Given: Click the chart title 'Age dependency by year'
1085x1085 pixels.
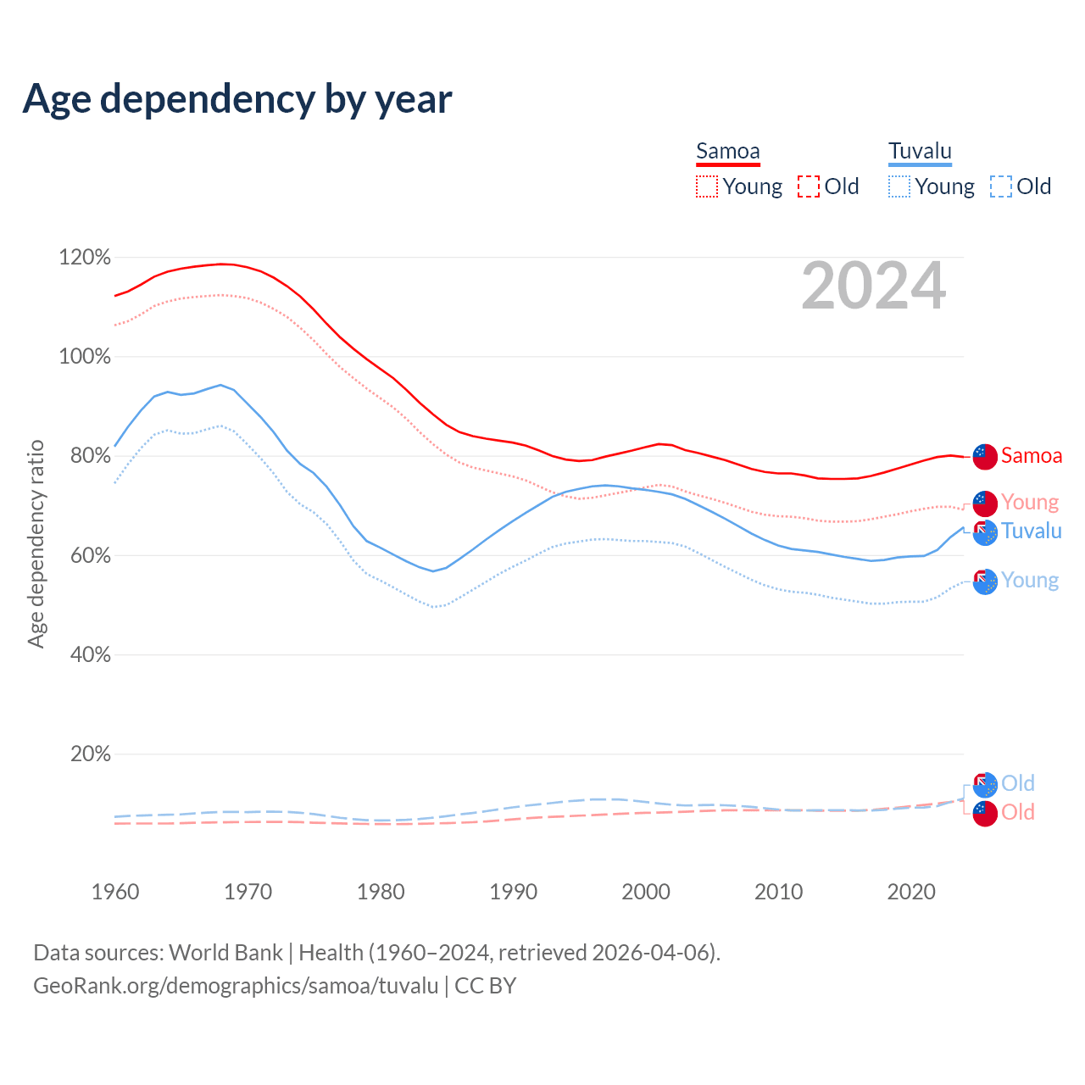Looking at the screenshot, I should [x=237, y=99].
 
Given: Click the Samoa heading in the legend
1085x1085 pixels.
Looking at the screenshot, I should [x=727, y=152].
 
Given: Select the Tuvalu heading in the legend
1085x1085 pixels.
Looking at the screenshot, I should [x=920, y=152].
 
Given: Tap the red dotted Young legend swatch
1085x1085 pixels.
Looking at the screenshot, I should [x=707, y=186].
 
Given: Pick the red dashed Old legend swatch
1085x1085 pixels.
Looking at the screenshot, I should [x=809, y=186].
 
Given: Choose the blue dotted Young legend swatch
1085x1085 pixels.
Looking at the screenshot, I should [x=899, y=186].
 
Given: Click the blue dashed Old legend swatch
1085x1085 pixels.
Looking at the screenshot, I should [x=1001, y=186].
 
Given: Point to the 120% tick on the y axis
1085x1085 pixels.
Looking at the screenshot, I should [x=85, y=257].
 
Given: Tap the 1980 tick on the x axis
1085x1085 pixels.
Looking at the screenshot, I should [x=381, y=892].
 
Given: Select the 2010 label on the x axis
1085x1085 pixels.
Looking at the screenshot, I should [x=778, y=892].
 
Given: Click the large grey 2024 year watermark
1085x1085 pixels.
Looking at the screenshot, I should [x=873, y=287].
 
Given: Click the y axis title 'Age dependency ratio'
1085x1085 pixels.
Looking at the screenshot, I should [x=36, y=543].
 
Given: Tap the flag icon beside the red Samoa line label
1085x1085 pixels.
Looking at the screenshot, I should [x=985, y=456].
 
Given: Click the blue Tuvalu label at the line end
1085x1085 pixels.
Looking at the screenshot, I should [x=1031, y=531].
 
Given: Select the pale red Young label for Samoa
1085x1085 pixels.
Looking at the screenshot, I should [x=1030, y=503].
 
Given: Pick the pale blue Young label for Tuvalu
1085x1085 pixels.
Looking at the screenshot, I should [x=1030, y=581].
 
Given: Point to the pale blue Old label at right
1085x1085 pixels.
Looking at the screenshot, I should [x=1017, y=784].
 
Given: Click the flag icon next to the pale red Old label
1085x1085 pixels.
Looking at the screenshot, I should [x=985, y=814].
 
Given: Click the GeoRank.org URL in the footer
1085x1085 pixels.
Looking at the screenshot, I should [x=236, y=986].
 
